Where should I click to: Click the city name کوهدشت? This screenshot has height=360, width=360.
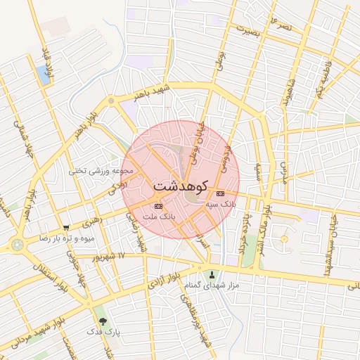click(179, 187)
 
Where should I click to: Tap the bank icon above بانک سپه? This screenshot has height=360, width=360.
click(221, 193)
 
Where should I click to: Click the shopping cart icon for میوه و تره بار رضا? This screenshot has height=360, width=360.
click(66, 228)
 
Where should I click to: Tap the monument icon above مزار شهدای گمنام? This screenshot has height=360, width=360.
click(213, 275)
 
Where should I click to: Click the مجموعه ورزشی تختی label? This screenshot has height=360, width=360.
click(101, 171)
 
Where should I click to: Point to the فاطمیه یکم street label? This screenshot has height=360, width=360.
click(322, 83)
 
